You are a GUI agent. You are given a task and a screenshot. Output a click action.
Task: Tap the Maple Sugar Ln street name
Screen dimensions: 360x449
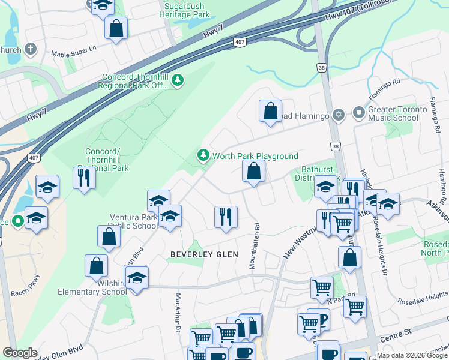74,54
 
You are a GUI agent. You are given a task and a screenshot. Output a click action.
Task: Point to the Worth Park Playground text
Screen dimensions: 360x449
255,156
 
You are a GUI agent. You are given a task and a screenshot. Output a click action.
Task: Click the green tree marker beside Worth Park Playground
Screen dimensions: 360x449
203,156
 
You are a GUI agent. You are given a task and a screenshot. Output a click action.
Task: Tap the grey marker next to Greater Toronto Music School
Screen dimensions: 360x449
359,113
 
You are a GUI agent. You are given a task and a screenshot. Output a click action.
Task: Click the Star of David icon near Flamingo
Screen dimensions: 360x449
339,114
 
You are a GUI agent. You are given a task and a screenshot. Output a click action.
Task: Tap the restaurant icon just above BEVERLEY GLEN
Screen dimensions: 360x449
226,217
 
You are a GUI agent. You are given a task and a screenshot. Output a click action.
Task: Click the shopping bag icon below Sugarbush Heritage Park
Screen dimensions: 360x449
116,28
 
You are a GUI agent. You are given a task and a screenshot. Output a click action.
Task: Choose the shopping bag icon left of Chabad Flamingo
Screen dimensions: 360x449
270,111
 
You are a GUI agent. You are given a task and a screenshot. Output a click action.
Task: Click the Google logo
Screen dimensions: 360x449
20,353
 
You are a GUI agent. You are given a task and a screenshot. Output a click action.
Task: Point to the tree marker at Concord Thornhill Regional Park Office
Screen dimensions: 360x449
177,80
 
